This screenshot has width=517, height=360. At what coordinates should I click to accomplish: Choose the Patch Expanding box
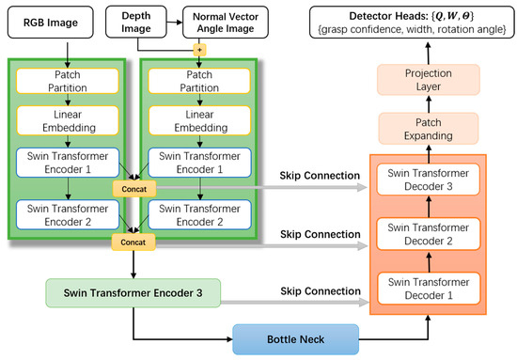tap(427, 128)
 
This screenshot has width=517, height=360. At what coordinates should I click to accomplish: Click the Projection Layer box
tap(427, 80)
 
